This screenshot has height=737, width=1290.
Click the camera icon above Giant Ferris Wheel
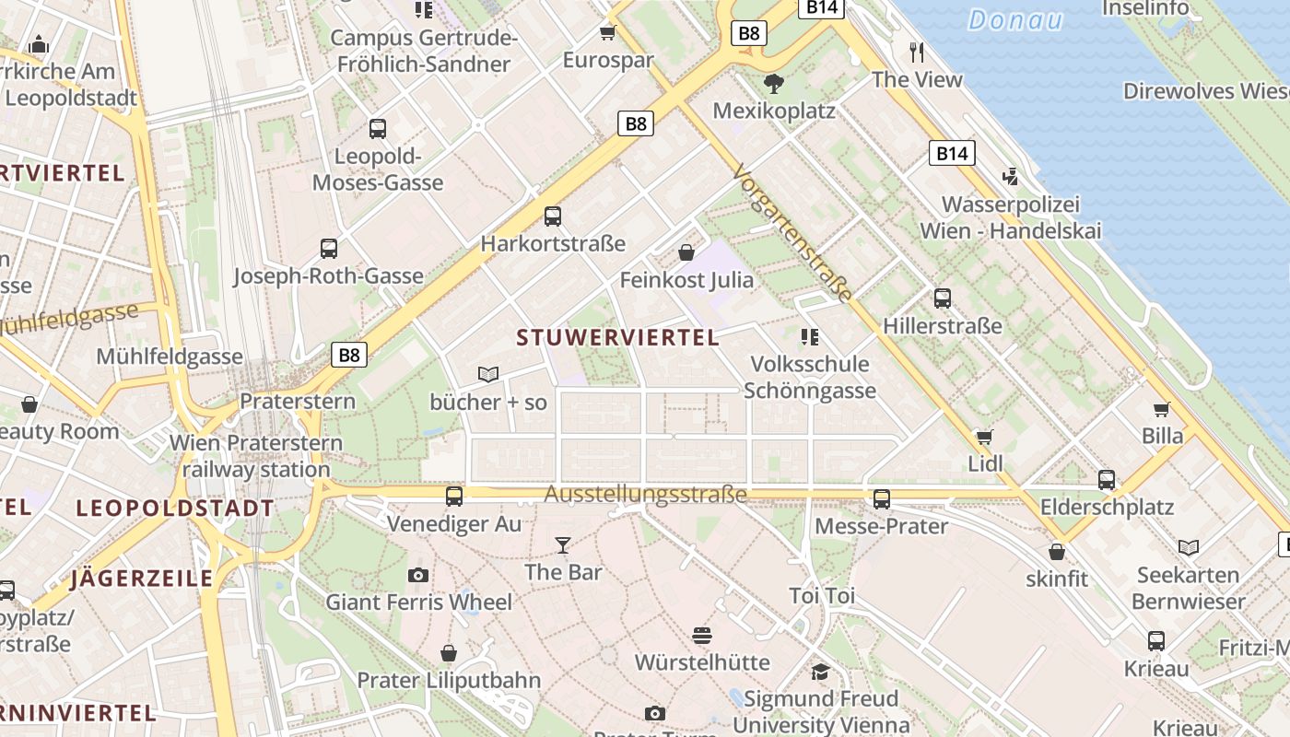pyautogui.click(x=418, y=576)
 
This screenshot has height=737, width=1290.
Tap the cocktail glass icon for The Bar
pyautogui.click(x=563, y=545)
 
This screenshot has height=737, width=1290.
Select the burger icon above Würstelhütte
pyautogui.click(x=702, y=636)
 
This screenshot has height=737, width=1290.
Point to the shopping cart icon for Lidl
pyautogui.click(x=985, y=437)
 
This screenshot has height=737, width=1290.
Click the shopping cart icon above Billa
pyautogui.click(x=1162, y=409)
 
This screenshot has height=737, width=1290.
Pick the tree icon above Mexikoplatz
pyautogui.click(x=774, y=84)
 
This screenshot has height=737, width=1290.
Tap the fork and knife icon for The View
pyautogui.click(x=917, y=53)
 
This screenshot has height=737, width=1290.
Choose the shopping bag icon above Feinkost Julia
pyautogui.click(x=686, y=252)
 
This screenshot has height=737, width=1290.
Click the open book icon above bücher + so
pyautogui.click(x=488, y=375)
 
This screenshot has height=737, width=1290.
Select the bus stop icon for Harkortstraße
pyautogui.click(x=553, y=216)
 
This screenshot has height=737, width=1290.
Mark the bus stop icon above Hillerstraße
pyautogui.click(x=942, y=298)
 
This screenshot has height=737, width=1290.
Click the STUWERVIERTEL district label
pyautogui.click(x=617, y=338)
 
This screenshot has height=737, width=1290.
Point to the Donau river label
pyautogui.click(x=1015, y=20)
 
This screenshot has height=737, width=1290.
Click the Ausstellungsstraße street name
pyautogui.click(x=645, y=495)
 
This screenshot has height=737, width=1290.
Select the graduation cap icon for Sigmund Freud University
pyautogui.click(x=820, y=672)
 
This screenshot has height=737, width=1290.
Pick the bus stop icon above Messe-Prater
pyautogui.click(x=882, y=499)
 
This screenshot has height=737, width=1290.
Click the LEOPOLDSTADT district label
pyautogui.click(x=175, y=509)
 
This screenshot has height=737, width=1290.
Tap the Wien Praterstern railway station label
pyautogui.click(x=256, y=456)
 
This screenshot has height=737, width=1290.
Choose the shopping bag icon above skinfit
pyautogui.click(x=1057, y=552)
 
